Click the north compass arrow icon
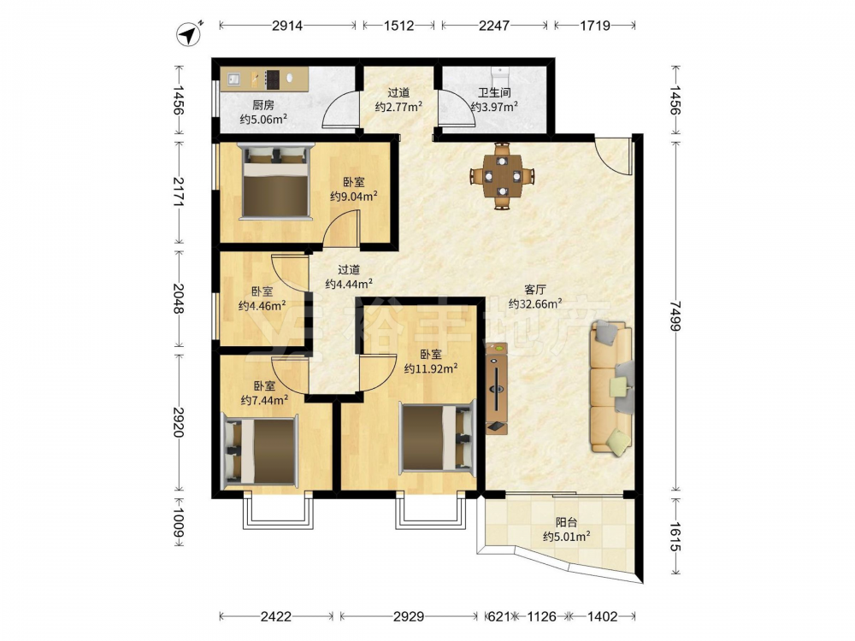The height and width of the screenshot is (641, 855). point(189,34)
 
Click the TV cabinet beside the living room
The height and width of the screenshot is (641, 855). point(497,389)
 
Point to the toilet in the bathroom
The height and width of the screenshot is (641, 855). point(499,74)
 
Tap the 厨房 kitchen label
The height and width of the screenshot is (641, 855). point(262,105)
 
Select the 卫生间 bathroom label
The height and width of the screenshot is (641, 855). point(494,92)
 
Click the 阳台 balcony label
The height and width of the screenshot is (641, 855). point(566,522)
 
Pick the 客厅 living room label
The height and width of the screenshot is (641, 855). point(535,290)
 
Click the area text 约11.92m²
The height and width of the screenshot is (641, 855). point(431,369)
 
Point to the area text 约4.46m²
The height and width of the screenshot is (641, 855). point(262,306)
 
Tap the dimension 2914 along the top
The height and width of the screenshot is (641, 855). point(287,25)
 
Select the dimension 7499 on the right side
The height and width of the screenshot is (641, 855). point(675,316)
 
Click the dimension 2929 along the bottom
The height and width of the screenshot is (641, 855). point(409,616)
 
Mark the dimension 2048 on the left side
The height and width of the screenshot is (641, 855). point(179,298)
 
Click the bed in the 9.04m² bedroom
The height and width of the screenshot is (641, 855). point(276,181)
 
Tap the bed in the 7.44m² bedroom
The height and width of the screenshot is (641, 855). point(260,451)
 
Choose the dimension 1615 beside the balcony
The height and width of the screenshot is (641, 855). point(675,537)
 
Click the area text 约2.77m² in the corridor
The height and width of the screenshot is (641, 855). point(398,107)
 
